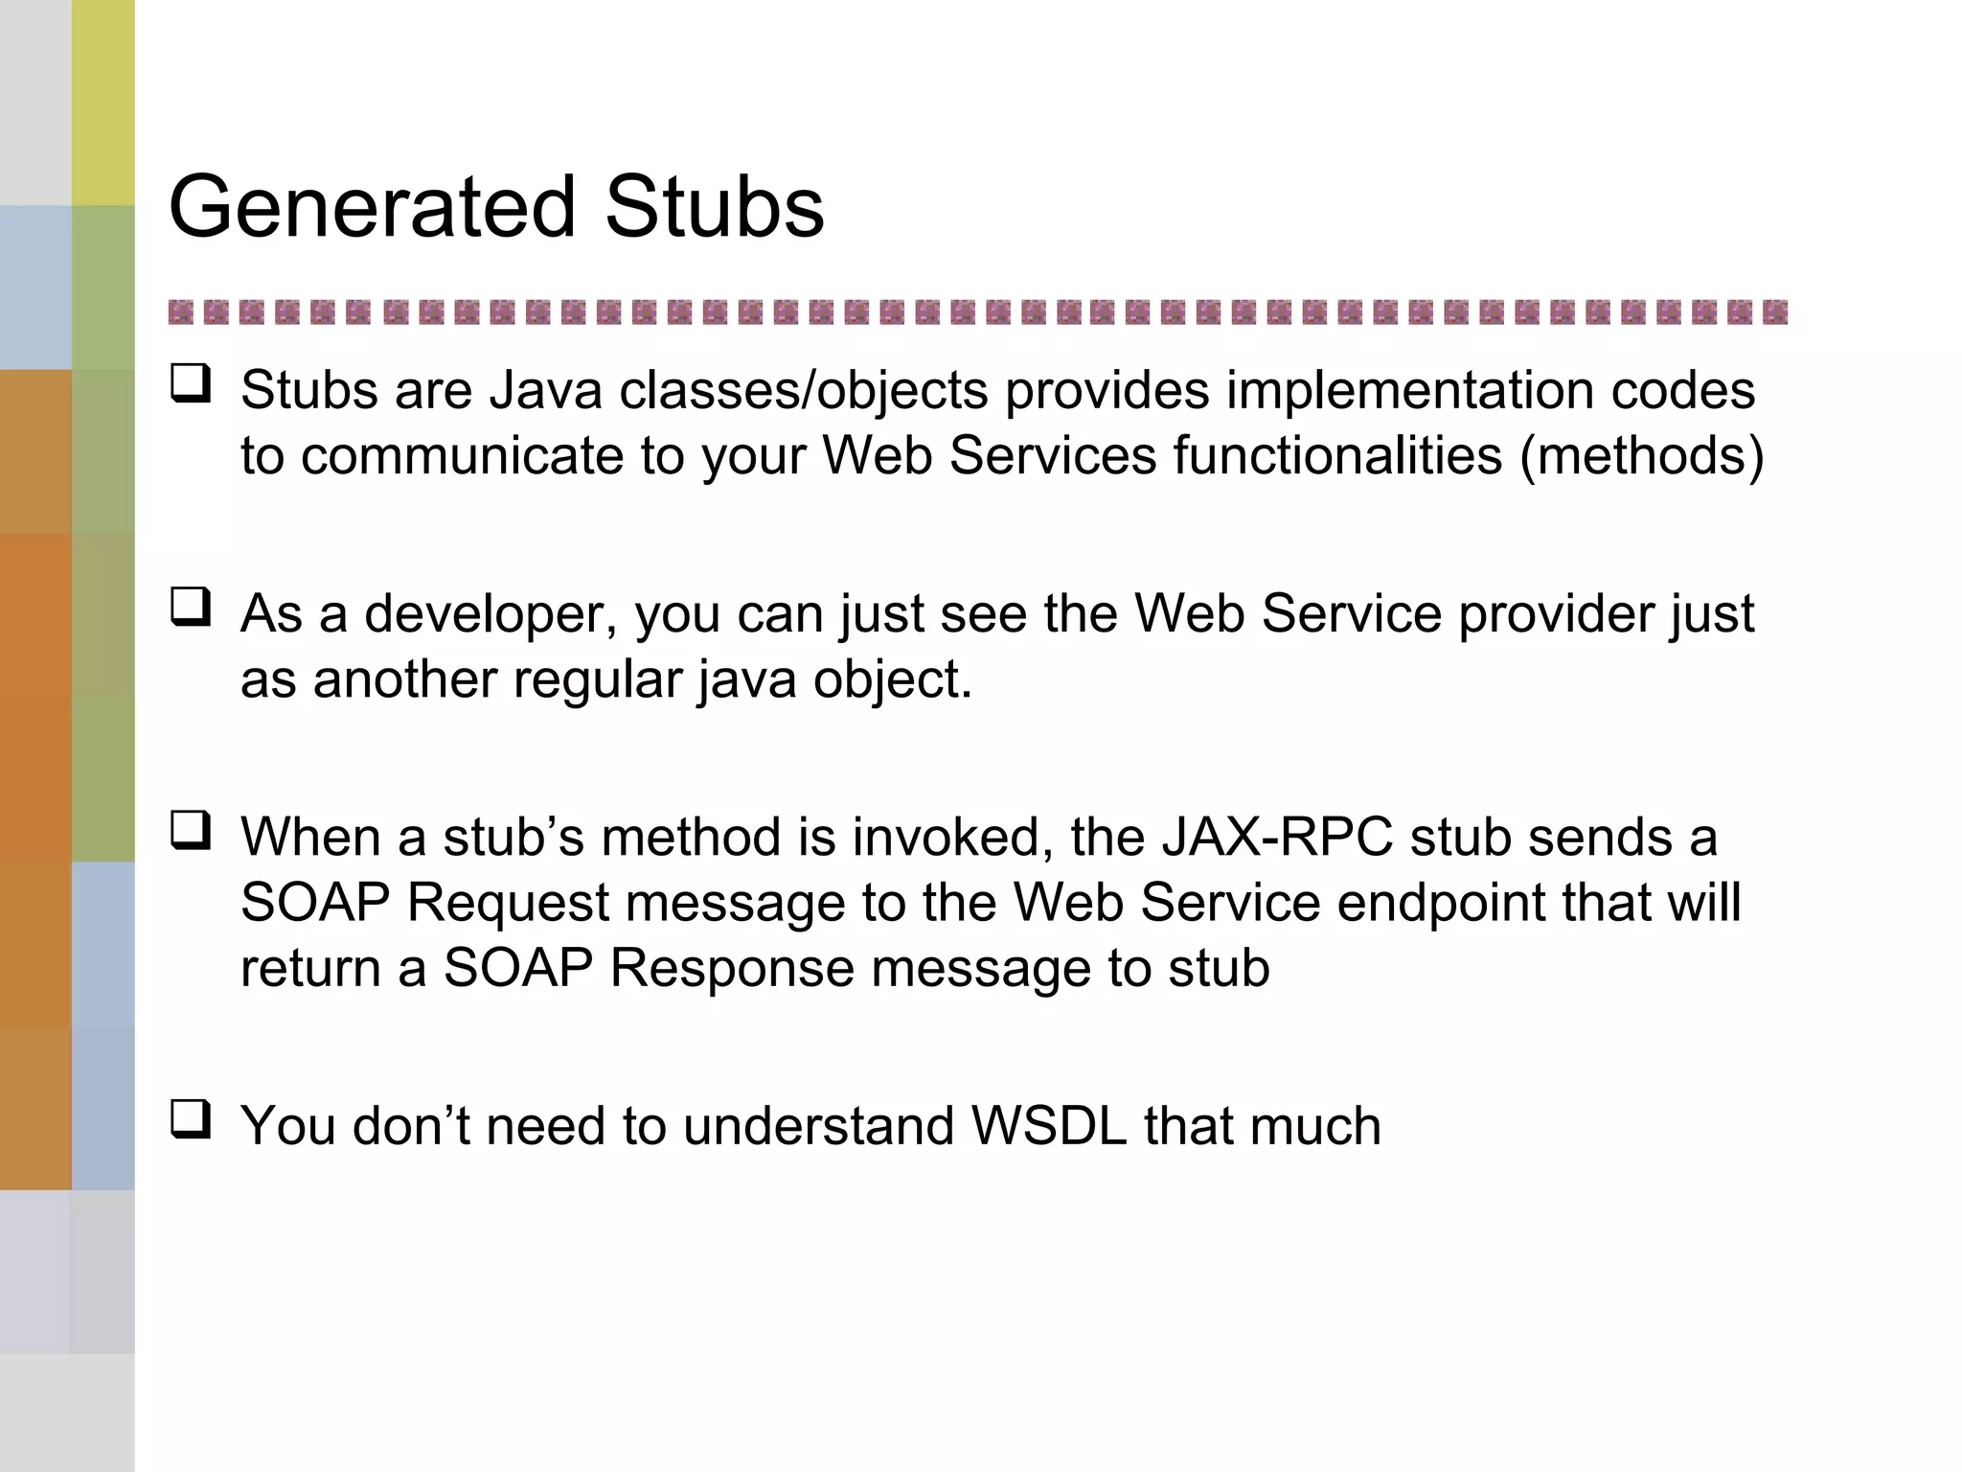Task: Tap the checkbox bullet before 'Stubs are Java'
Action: (191, 385)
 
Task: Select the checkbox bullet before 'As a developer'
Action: (191, 608)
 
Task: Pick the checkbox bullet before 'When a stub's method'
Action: (191, 831)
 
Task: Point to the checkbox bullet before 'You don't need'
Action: (191, 1119)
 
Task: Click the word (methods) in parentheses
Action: (1641, 455)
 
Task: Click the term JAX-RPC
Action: (1277, 838)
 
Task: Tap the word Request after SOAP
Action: (508, 904)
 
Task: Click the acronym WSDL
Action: (1049, 1126)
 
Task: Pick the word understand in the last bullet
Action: (818, 1126)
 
